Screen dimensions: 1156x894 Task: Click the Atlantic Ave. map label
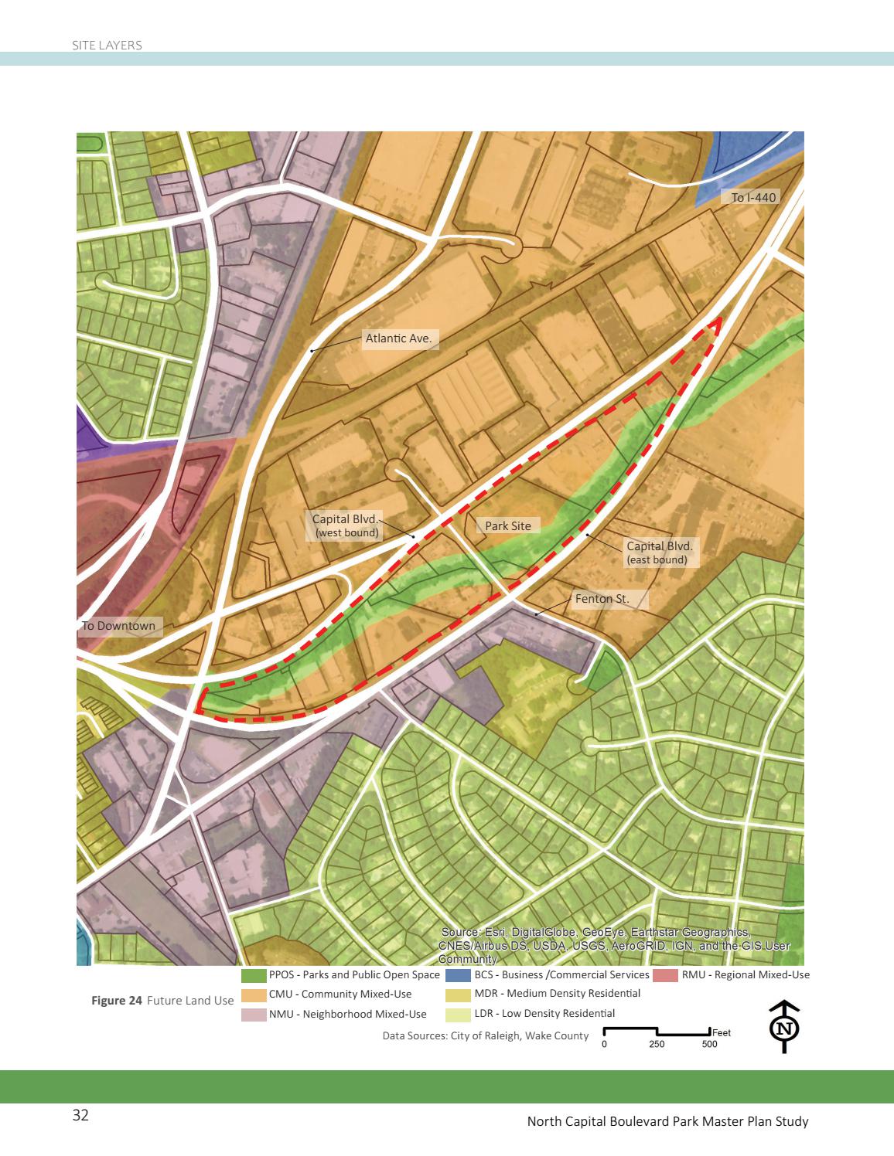point(398,338)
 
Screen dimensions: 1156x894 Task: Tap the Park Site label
point(508,525)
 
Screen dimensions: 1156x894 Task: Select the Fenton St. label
point(602,599)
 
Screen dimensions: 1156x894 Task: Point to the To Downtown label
point(119,626)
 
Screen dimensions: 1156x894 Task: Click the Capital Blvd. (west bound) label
point(345,525)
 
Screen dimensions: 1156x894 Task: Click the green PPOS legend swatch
point(254,975)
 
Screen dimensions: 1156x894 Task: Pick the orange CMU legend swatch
point(254,994)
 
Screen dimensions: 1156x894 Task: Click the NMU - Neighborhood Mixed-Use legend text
point(348,1014)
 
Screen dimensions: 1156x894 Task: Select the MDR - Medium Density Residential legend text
point(558,994)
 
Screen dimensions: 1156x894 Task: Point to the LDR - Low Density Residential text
point(544,1013)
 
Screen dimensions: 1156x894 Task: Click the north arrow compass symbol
point(785,1027)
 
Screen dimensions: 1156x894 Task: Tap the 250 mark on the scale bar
point(657,1044)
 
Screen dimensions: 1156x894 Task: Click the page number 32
point(80,1115)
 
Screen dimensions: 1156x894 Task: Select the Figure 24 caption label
point(117,1000)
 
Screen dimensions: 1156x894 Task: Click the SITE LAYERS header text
point(107,46)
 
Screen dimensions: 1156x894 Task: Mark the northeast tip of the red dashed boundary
point(719,318)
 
